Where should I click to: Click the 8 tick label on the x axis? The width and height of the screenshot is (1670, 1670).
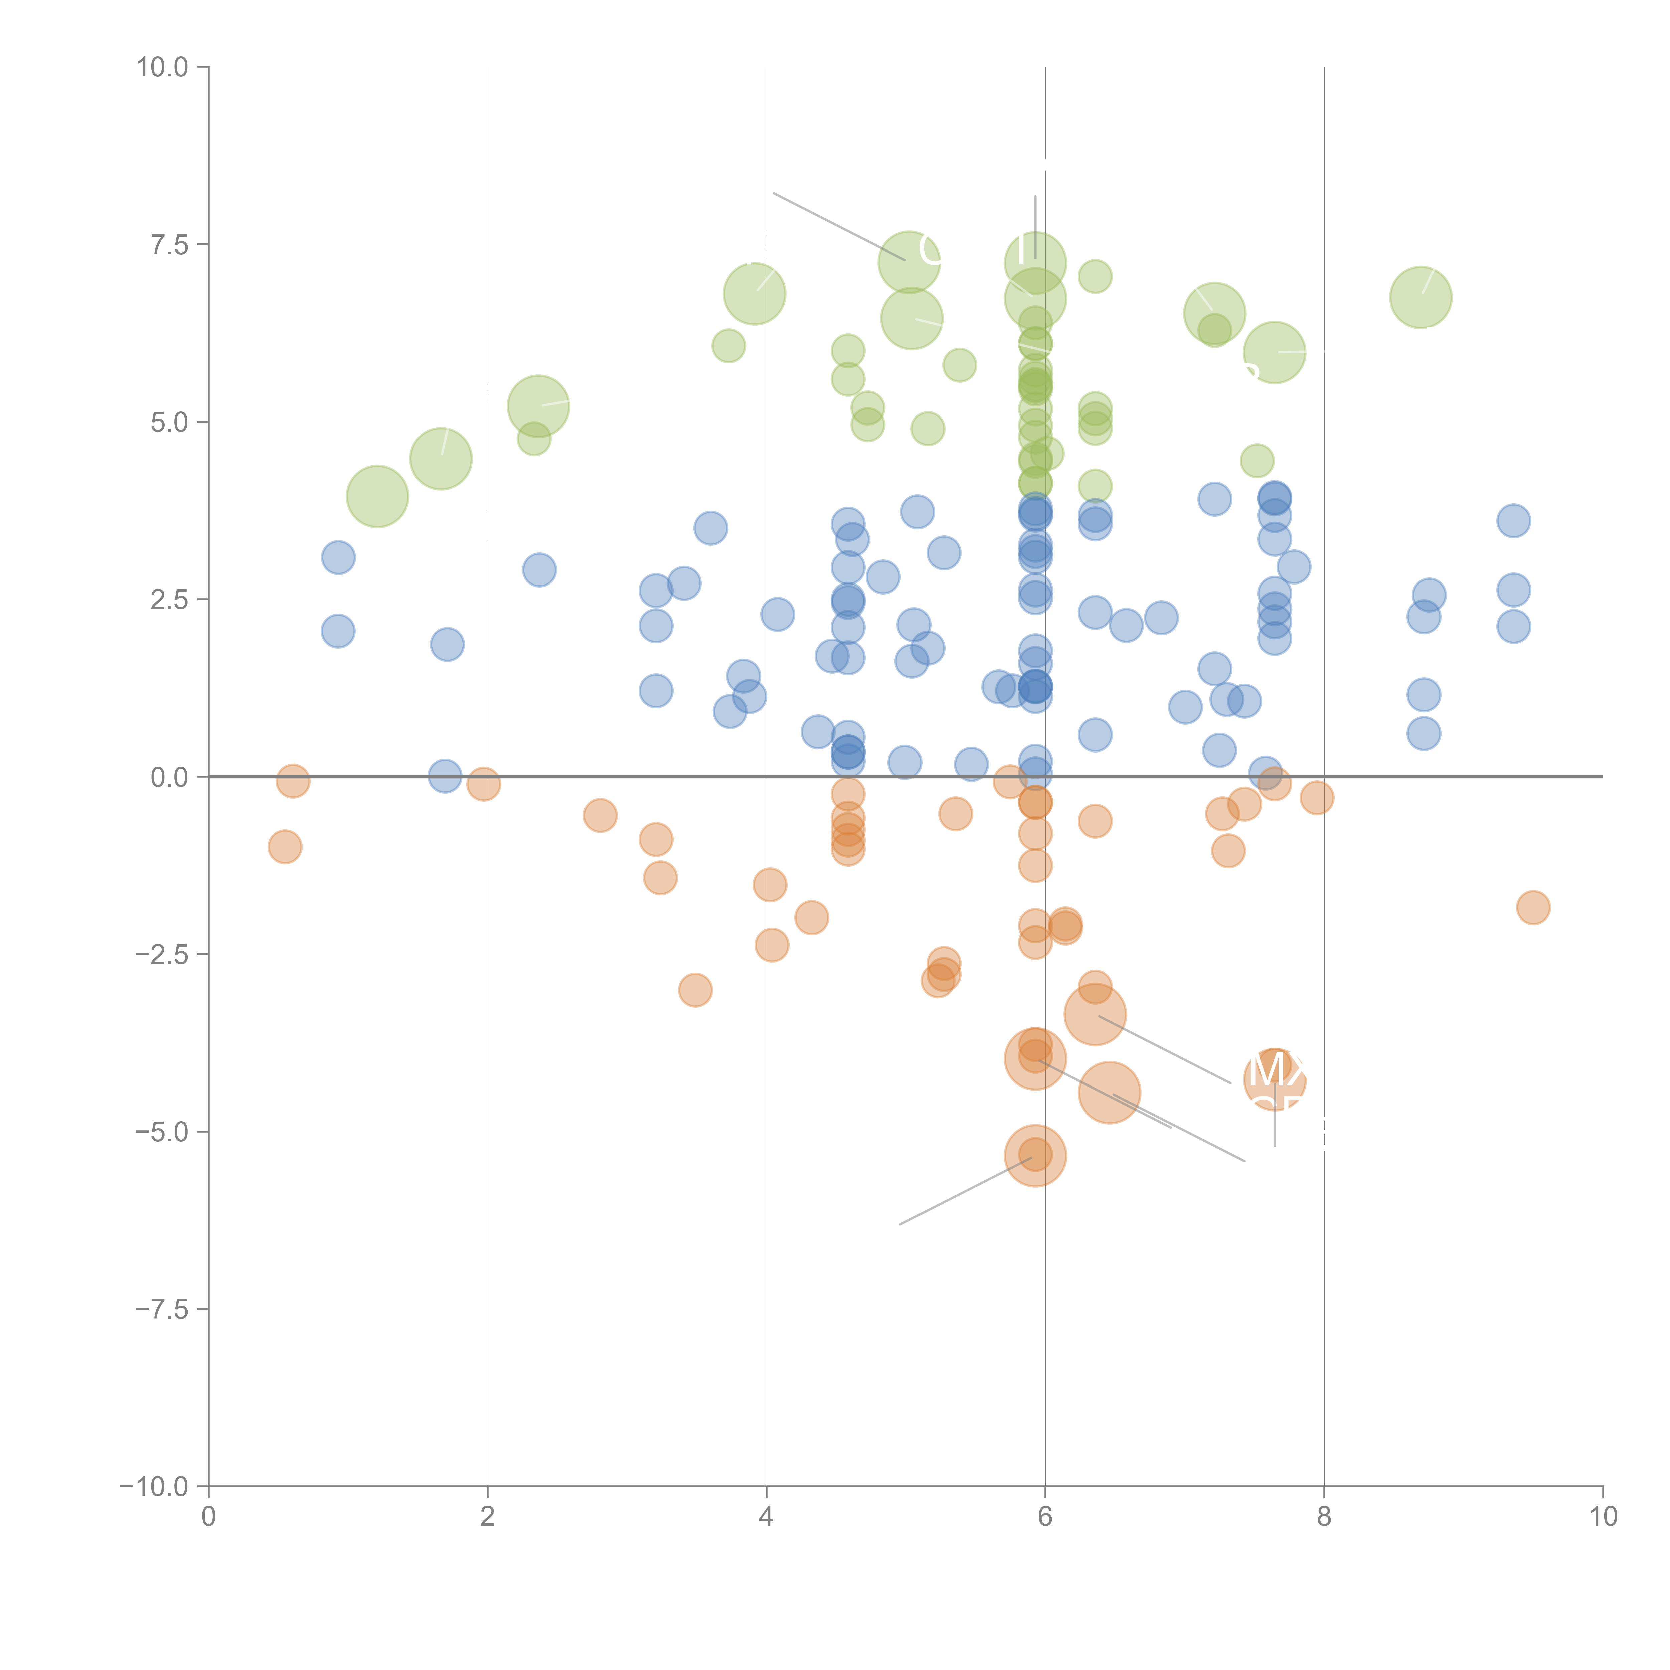click(1324, 1517)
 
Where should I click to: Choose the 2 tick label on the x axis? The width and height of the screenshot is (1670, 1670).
click(488, 1517)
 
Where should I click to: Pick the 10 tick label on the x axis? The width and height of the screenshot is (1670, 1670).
click(1603, 1517)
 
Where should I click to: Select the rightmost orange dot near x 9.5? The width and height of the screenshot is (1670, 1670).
click(1533, 907)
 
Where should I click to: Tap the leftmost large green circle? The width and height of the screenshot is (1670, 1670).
click(377, 496)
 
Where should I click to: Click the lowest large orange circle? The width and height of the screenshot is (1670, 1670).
click(1035, 1156)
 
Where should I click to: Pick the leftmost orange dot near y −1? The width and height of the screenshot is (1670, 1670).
click(284, 847)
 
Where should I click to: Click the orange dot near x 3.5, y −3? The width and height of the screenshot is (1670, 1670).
click(695, 990)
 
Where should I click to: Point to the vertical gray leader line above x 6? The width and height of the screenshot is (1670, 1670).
click(1035, 226)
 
